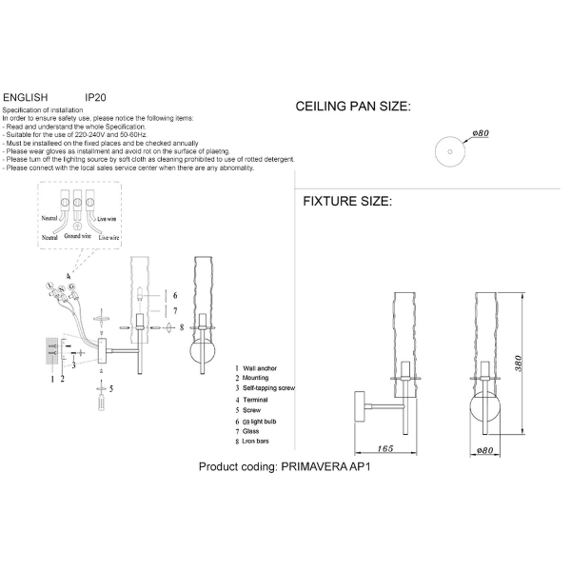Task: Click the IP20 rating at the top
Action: [94, 97]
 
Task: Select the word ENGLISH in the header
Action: [26, 97]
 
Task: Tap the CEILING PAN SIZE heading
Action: [353, 108]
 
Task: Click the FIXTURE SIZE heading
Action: [346, 202]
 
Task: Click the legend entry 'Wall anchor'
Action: [262, 367]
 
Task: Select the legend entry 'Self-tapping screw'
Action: [269, 388]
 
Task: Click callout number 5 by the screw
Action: [110, 389]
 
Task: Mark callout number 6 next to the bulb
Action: [174, 296]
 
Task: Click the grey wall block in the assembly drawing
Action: [51, 351]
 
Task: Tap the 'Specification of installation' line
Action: [42, 110]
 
